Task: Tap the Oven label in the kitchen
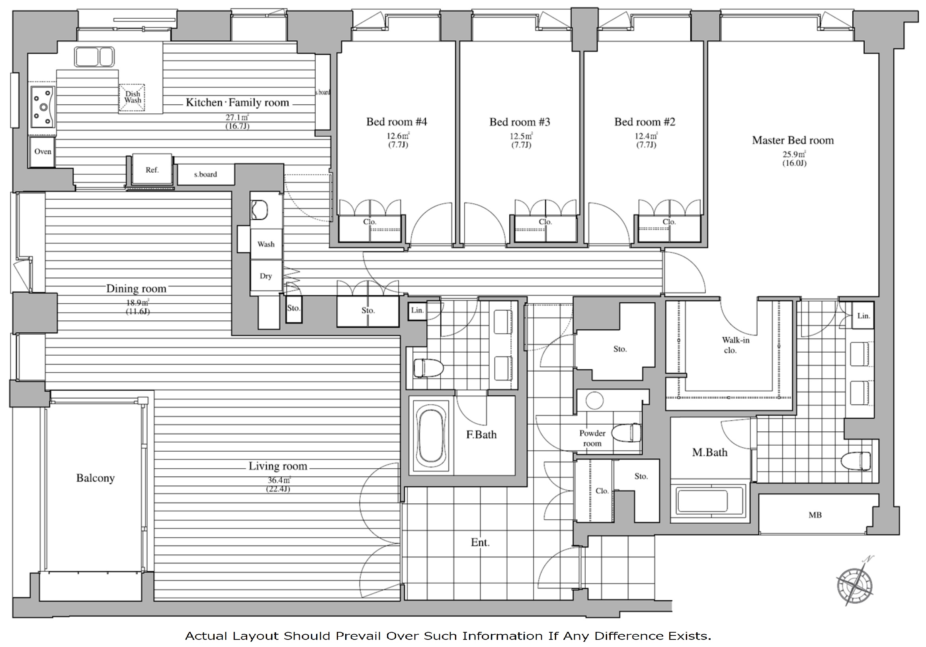(43, 152)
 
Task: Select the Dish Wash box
(132, 97)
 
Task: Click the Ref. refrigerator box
(152, 170)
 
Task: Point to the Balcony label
(96, 478)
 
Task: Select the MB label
(815, 515)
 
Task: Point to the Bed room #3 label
(520, 122)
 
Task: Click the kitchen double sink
(94, 57)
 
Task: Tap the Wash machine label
(266, 244)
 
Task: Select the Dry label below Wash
(266, 276)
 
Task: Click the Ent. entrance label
(480, 543)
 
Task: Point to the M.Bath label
(710, 452)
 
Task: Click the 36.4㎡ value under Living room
(279, 480)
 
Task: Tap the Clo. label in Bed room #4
(369, 222)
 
